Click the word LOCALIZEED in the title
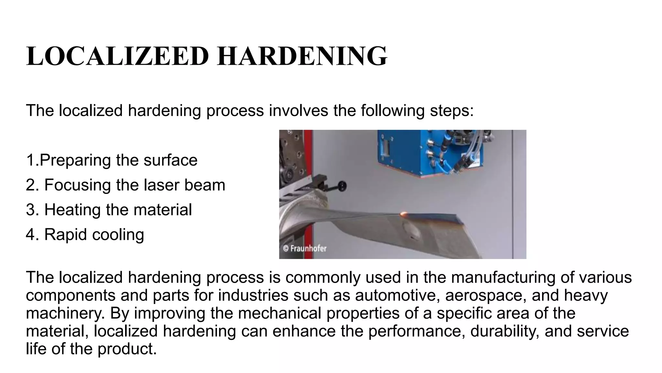click(x=117, y=56)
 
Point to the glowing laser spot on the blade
click(x=404, y=214)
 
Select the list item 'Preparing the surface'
click(x=112, y=160)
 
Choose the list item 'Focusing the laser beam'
click(x=125, y=185)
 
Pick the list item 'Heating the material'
click(x=109, y=209)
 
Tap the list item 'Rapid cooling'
click(x=85, y=234)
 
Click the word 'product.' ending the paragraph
click(x=127, y=349)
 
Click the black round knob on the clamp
click(x=341, y=186)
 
